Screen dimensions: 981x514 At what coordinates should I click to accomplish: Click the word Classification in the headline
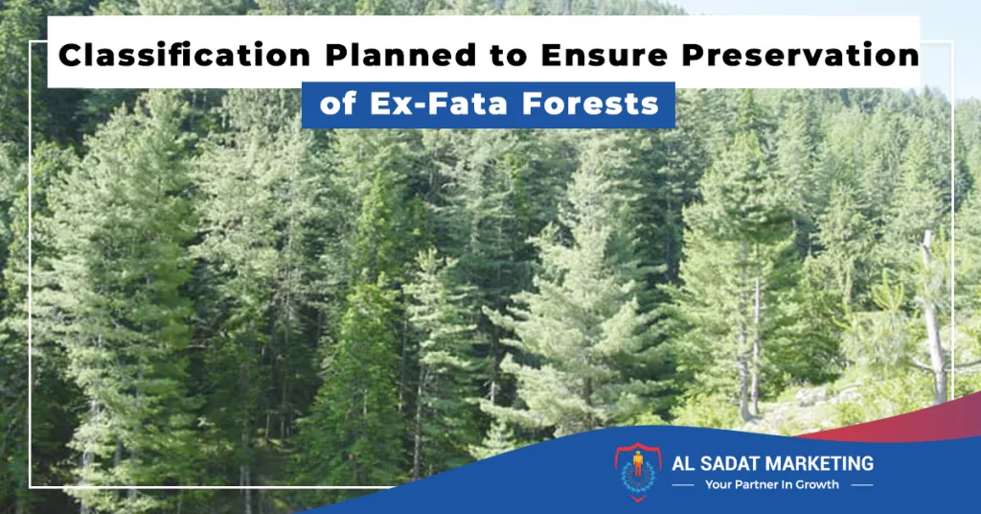point(185,55)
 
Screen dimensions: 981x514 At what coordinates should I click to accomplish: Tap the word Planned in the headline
point(400,55)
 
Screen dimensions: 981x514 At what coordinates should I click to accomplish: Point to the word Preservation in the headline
point(800,55)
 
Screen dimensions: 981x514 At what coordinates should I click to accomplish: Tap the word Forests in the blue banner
point(590,104)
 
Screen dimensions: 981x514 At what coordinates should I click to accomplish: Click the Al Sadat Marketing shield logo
point(637,472)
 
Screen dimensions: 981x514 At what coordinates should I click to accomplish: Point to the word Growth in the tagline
point(817,484)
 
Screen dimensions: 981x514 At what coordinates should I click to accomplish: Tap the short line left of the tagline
point(682,485)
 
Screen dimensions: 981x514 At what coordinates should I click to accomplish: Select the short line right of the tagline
point(862,485)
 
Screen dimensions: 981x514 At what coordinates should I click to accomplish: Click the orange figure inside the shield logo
point(637,463)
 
